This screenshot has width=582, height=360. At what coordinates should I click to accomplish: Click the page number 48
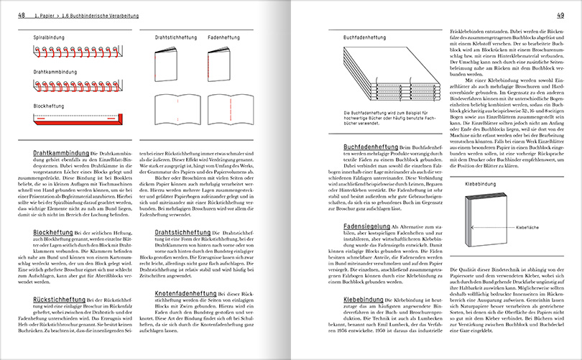(22, 15)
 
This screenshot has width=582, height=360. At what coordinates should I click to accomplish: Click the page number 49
(560, 15)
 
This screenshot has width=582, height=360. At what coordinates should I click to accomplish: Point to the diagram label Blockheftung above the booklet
(49, 105)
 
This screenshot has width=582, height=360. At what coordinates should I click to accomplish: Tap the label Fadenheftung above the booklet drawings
(224, 35)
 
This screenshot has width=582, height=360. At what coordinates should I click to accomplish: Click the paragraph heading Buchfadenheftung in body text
(350, 147)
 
